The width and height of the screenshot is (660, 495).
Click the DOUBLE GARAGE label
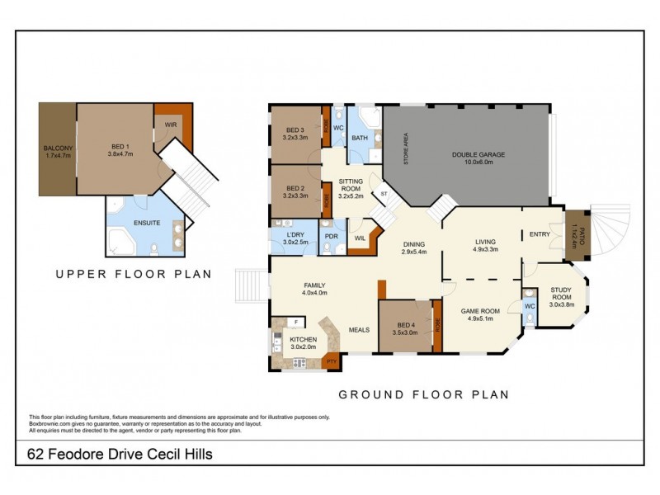pyautogui.click(x=478, y=154)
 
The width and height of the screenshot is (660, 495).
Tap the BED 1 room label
pyautogui.click(x=120, y=148)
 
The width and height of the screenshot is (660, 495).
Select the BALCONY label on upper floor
pyautogui.click(x=58, y=148)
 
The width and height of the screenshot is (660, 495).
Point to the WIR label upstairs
pyautogui.click(x=170, y=125)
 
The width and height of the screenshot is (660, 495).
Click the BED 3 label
pyautogui.click(x=295, y=130)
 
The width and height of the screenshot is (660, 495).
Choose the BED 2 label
pyautogui.click(x=295, y=190)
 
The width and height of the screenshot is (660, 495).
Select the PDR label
pyautogui.click(x=332, y=237)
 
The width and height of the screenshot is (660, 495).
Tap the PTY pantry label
pyautogui.click(x=332, y=361)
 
